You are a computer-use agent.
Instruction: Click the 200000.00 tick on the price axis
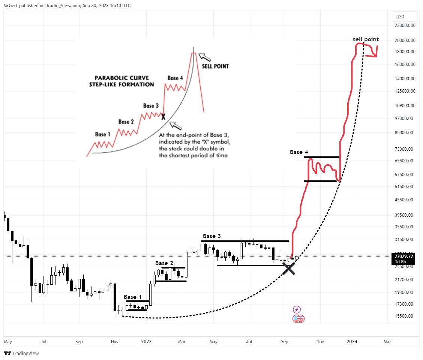(x=405, y=40)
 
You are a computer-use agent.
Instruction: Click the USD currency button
(x=400, y=16)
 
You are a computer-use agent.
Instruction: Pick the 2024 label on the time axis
(x=352, y=342)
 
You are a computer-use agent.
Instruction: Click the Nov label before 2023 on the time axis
(x=115, y=342)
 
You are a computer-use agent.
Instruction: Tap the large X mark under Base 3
(x=288, y=268)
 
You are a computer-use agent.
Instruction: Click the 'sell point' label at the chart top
(x=366, y=39)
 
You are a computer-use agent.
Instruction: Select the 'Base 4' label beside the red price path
(x=299, y=152)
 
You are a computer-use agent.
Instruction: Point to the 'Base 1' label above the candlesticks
(x=133, y=297)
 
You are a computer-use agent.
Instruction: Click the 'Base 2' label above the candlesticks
(x=164, y=263)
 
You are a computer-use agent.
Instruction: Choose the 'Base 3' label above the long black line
(x=212, y=236)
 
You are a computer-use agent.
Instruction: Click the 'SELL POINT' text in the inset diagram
(x=215, y=66)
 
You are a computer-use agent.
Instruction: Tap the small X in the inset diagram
(x=163, y=117)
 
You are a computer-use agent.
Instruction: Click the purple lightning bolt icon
(x=297, y=309)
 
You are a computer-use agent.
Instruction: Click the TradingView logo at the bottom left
(x=22, y=353)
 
